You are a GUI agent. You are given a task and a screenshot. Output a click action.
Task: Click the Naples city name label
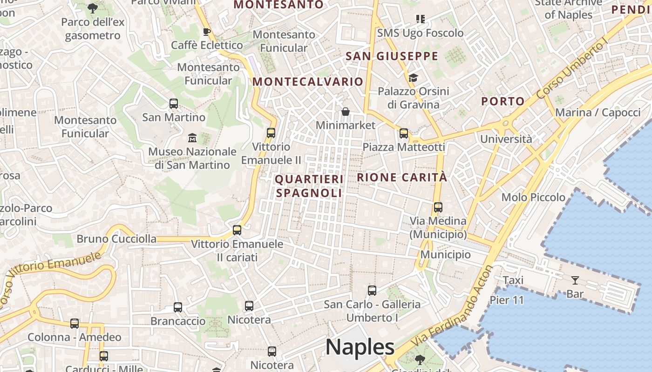click(360, 347)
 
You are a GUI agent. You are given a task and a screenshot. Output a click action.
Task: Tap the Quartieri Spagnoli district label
click(309, 186)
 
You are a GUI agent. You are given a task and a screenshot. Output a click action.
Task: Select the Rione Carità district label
click(402, 177)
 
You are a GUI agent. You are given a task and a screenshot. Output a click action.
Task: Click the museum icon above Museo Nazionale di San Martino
click(192, 138)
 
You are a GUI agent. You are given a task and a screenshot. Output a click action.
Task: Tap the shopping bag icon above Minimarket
click(346, 112)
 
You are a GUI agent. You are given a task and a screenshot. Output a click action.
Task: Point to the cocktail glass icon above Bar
click(575, 280)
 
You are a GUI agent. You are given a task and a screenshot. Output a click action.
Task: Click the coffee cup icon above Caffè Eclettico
click(207, 32)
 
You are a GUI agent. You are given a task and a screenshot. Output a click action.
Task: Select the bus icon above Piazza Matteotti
click(404, 133)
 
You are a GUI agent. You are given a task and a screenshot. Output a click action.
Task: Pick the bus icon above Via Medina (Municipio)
click(438, 207)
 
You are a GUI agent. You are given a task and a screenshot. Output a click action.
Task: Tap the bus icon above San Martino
click(174, 104)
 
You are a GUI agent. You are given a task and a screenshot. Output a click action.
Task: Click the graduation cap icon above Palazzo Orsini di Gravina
click(413, 78)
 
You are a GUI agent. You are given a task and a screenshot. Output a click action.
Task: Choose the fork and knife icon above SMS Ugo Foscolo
click(421, 19)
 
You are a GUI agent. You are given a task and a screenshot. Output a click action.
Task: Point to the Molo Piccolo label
click(533, 197)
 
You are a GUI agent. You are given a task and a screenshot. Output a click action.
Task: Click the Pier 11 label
click(507, 300)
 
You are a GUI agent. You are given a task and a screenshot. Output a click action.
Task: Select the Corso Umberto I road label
click(572, 70)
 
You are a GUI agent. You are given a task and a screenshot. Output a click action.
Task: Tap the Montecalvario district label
click(307, 82)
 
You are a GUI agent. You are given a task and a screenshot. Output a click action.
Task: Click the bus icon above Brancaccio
click(178, 307)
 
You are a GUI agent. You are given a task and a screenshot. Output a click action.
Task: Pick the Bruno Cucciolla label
click(116, 239)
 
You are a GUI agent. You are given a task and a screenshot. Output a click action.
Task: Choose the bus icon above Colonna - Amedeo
click(75, 324)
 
